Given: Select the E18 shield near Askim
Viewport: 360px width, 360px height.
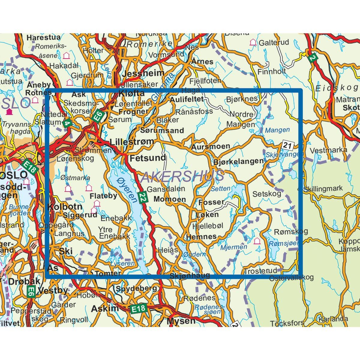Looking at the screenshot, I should click(139, 309).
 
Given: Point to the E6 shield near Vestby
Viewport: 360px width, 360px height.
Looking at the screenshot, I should click(31, 291).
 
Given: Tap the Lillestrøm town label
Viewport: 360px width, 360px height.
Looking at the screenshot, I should click(132, 142).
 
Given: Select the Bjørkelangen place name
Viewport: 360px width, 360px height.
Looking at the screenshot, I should click(238, 161).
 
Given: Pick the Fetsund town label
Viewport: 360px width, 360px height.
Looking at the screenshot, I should click(148, 157).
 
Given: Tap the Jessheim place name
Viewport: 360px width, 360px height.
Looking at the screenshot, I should click(144, 73).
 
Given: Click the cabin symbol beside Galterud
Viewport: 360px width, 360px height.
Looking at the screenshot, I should click(253, 42).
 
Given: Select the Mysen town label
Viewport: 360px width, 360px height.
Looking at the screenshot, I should click(181, 321).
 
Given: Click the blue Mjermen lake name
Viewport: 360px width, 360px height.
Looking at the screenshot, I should click(234, 247).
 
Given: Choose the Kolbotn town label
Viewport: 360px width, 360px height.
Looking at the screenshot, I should click(64, 207).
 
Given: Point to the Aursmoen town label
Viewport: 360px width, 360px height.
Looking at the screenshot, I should click(211, 147).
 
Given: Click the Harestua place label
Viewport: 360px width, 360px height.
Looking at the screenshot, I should click(43, 37).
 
